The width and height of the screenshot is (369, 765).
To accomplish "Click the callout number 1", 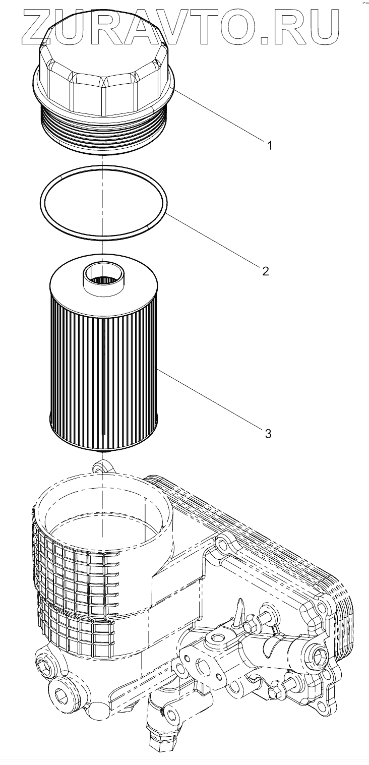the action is tap(270, 146).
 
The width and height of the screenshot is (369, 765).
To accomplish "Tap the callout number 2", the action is tap(265, 271).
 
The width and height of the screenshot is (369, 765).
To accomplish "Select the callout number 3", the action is tap(268, 433).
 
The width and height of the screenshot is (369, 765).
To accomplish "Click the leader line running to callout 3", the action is tap(212, 398).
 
